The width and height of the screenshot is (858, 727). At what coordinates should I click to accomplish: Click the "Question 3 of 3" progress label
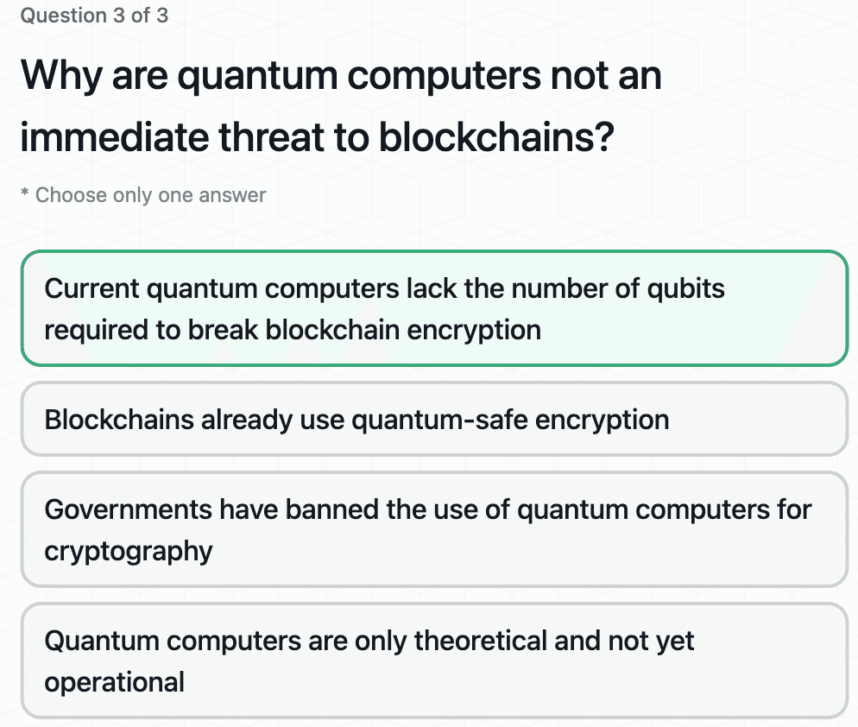click(x=94, y=16)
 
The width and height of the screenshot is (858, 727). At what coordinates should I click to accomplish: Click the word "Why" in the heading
click(x=59, y=77)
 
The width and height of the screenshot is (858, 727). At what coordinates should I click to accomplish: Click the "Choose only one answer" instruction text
click(x=150, y=195)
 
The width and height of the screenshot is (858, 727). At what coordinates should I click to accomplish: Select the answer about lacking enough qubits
click(x=434, y=308)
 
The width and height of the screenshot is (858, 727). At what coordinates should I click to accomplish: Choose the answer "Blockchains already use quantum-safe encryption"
click(x=434, y=420)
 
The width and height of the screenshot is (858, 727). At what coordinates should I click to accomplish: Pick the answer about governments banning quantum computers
click(x=434, y=529)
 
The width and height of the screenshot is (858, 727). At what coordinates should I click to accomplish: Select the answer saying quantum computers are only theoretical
click(x=434, y=661)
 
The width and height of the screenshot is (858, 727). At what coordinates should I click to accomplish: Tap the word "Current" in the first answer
click(x=91, y=288)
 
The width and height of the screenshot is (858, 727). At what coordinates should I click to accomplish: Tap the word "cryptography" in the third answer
click(x=129, y=551)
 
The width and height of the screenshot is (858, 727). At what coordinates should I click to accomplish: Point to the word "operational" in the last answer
click(x=114, y=682)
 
